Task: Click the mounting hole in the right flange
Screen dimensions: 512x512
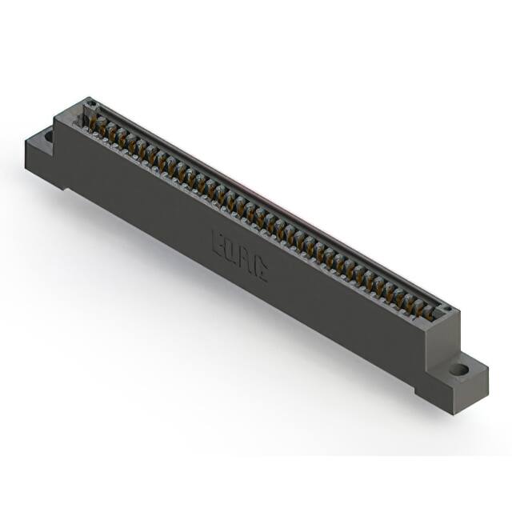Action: click(x=458, y=370)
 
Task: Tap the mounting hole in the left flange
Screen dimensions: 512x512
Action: click(x=49, y=137)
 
